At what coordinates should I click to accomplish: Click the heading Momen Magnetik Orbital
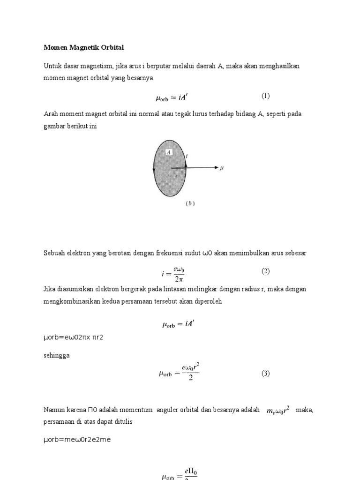click(84, 48)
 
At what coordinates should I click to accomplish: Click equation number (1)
click(266, 96)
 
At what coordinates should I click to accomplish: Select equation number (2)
click(266, 271)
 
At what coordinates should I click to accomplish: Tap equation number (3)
click(266, 373)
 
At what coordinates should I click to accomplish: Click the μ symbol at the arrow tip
click(222, 168)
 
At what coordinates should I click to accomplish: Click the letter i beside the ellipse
click(187, 155)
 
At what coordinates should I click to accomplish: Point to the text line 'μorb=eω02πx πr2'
click(73, 337)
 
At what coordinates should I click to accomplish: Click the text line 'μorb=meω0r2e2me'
click(77, 440)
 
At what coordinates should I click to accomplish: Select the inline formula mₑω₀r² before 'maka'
click(278, 410)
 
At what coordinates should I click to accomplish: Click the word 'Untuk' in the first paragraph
click(53, 66)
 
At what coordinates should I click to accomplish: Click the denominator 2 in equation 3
click(190, 379)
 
